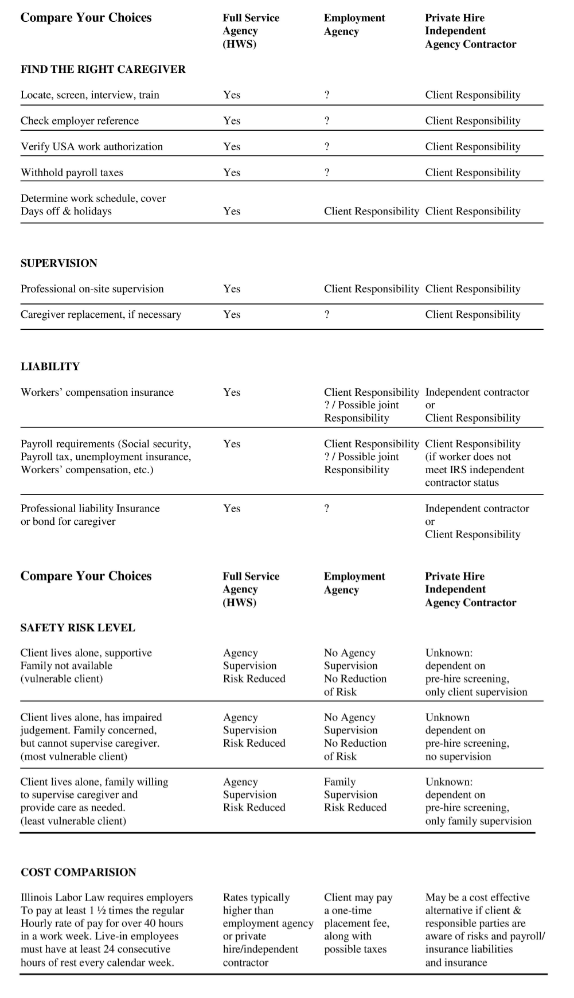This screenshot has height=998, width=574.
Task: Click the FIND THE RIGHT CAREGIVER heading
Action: coord(103,69)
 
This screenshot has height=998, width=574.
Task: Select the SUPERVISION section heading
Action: coord(59,263)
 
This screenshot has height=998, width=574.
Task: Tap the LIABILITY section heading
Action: coord(50,367)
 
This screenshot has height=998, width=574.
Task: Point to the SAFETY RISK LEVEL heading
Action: coord(78,627)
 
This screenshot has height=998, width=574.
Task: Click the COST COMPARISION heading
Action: coord(79,872)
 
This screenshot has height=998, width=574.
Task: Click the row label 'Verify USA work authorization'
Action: coord(92,147)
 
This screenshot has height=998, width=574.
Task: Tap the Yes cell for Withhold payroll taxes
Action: coord(232,173)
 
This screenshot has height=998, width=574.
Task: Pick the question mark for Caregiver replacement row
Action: coord(327,315)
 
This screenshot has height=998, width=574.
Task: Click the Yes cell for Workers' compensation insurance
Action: coord(232,392)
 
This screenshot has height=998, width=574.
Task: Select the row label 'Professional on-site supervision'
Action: coord(92,289)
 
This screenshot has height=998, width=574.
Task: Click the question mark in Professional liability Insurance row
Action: coord(327,509)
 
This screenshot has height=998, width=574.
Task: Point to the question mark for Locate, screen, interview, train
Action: coord(327,95)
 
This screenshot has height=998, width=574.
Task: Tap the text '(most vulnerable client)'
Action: coord(74,757)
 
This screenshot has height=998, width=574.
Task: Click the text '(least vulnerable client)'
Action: coord(73,821)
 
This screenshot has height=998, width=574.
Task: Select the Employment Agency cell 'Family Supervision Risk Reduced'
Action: coord(355,795)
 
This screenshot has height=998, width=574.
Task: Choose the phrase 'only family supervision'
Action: coord(478,821)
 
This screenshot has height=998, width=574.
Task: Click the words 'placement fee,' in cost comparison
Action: coord(357,923)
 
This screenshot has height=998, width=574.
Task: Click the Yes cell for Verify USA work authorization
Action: coord(232,147)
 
